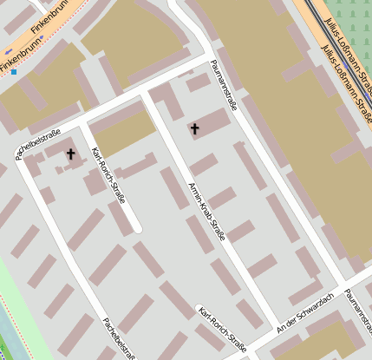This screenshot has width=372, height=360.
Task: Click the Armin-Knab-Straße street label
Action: [x=206, y=212]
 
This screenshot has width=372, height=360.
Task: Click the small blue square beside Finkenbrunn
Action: [x=14, y=72]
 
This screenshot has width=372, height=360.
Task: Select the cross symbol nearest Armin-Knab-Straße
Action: [x=194, y=129]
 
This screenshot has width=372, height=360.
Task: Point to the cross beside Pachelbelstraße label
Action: [x=70, y=154]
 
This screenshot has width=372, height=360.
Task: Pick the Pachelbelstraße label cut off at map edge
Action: [x=120, y=338]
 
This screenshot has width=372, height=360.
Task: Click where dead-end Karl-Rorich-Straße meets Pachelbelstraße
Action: [x=83, y=127]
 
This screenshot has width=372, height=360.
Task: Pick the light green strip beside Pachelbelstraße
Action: [x=12, y=286]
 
